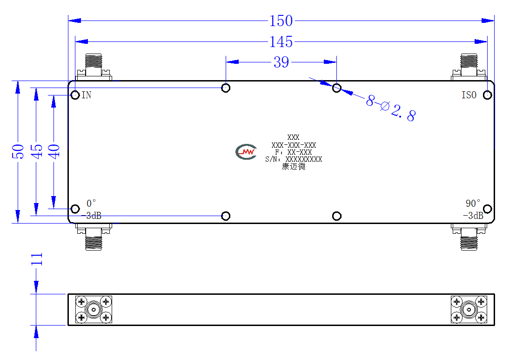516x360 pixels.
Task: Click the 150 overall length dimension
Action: pos(281,21)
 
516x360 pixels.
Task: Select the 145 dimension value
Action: pos(281,42)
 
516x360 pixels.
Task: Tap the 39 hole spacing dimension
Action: pos(281,62)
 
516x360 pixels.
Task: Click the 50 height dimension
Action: pos(18,151)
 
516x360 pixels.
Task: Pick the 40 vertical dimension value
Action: pos(54,151)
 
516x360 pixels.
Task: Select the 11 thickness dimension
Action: pos(37,259)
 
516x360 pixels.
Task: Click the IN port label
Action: pos(87,95)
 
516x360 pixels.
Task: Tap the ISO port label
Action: pos(469,95)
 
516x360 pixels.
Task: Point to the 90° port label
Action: pos(473,203)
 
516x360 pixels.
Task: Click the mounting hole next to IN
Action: pos(75,95)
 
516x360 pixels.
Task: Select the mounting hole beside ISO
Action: pos(488,95)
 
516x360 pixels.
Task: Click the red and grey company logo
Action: pos(246,152)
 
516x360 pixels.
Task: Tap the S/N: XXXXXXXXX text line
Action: pos(294,159)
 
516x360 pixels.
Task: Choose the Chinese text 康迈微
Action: pos(294,167)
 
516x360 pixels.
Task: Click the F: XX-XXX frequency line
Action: pos(294,152)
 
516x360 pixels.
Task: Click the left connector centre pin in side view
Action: pos(94,310)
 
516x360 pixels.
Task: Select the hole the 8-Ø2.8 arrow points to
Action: pos(337,88)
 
